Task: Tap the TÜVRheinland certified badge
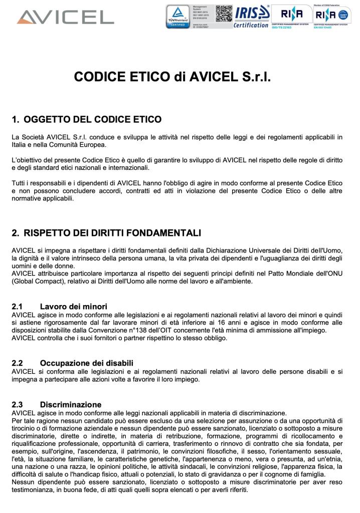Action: click(178, 17)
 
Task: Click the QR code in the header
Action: click(224, 14)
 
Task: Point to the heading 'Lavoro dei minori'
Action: click(73, 306)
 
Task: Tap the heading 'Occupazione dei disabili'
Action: click(87, 363)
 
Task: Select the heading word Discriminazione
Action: click(71, 404)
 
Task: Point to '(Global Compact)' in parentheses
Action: click(36, 282)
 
